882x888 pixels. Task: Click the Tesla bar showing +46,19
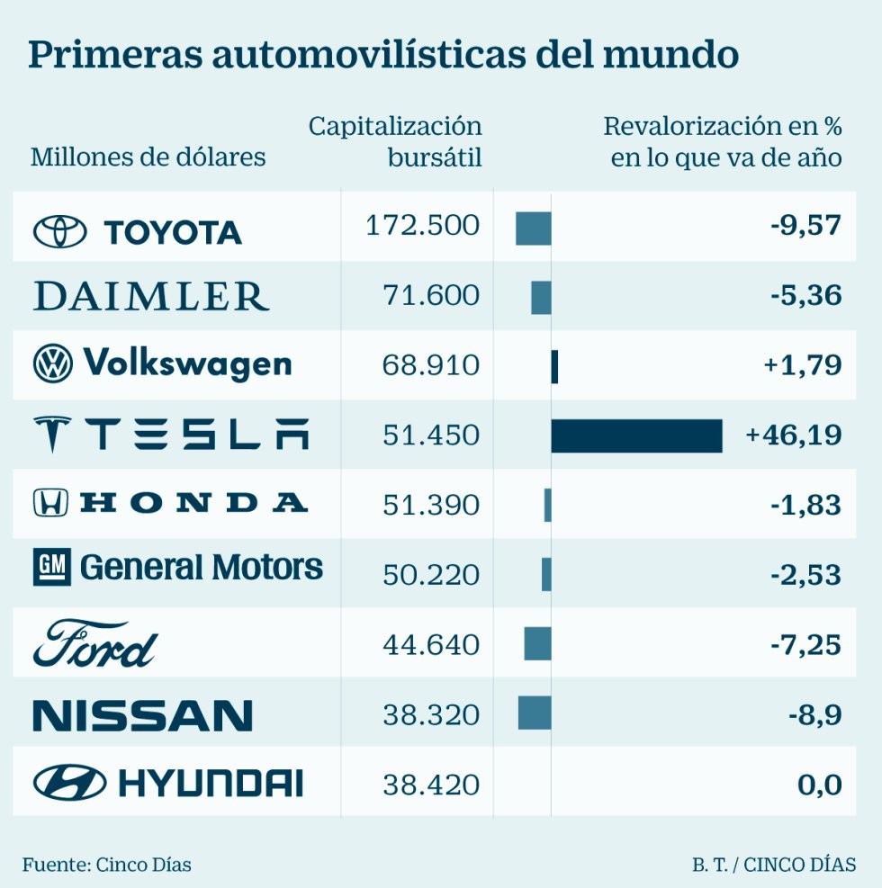tap(636, 435)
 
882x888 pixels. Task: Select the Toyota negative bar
tap(533, 228)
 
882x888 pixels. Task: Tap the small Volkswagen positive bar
tap(554, 366)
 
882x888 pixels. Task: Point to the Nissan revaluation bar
tap(535, 713)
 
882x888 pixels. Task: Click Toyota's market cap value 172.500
tap(423, 226)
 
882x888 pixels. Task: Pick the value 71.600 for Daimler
tap(431, 296)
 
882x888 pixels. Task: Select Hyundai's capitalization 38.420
tap(431, 785)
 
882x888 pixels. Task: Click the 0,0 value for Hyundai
tap(819, 785)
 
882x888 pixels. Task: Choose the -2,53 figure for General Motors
tap(805, 575)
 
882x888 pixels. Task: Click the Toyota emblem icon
tap(60, 232)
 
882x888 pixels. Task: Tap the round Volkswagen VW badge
tap(53, 364)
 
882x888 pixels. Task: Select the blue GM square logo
tap(51, 568)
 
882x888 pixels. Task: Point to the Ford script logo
tap(94, 644)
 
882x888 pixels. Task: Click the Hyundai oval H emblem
tap(69, 783)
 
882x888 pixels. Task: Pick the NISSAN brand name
tap(142, 715)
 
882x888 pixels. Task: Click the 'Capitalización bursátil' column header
tap(395, 141)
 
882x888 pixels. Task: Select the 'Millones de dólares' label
tap(148, 157)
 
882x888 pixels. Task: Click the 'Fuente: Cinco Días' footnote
tap(107, 865)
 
